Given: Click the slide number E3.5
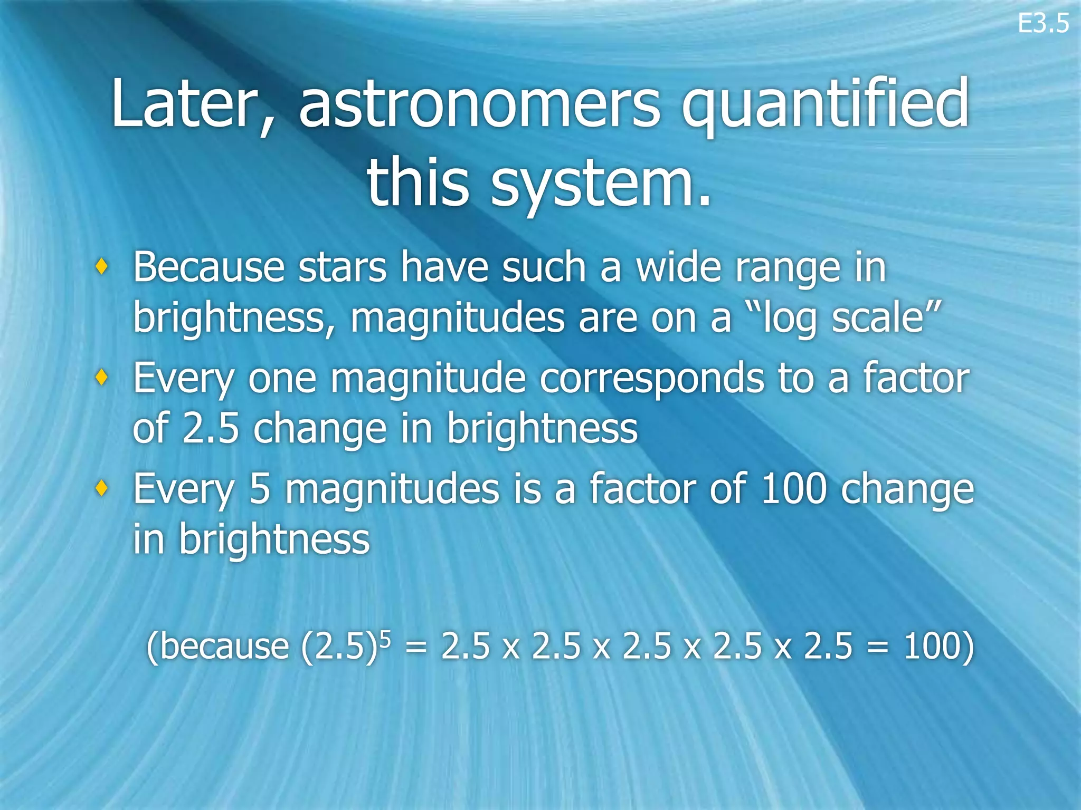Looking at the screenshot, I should (x=1043, y=24).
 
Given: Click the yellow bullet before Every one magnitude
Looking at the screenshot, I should (x=102, y=378).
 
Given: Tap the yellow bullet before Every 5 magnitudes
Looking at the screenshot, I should (x=102, y=488).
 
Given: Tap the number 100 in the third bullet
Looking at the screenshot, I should (x=793, y=488).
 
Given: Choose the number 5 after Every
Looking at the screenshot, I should (x=259, y=488).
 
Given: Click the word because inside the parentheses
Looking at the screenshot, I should (x=223, y=647).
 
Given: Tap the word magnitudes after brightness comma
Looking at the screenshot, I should (x=457, y=319).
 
